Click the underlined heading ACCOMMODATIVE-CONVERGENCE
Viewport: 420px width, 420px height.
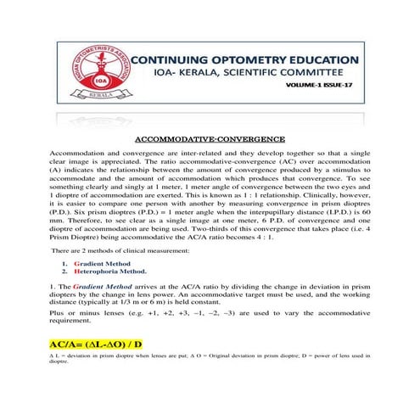click(x=210, y=137)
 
